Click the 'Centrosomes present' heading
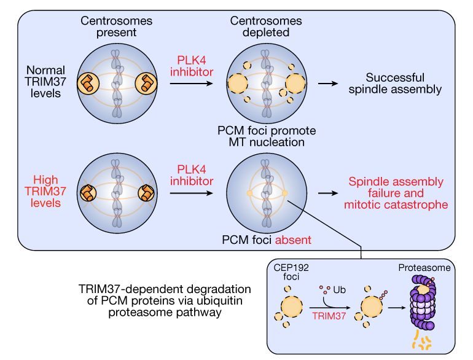116,26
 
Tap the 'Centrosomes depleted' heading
266,26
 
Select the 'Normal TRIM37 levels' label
45,82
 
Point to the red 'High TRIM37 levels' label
45,191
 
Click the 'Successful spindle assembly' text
395,84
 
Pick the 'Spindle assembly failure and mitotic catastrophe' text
396,193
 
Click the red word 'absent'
293,240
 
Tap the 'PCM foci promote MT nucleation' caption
267,136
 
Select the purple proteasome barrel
423,302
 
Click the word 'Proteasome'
424,268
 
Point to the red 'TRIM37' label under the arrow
329,316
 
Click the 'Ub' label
339,290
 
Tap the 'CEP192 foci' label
291,272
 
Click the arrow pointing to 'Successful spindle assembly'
328,84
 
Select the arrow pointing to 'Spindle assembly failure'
328,193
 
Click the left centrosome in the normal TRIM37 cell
88,84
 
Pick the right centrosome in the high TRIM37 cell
146,193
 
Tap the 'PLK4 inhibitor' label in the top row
192,66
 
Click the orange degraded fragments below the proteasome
422,341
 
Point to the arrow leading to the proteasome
397,308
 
